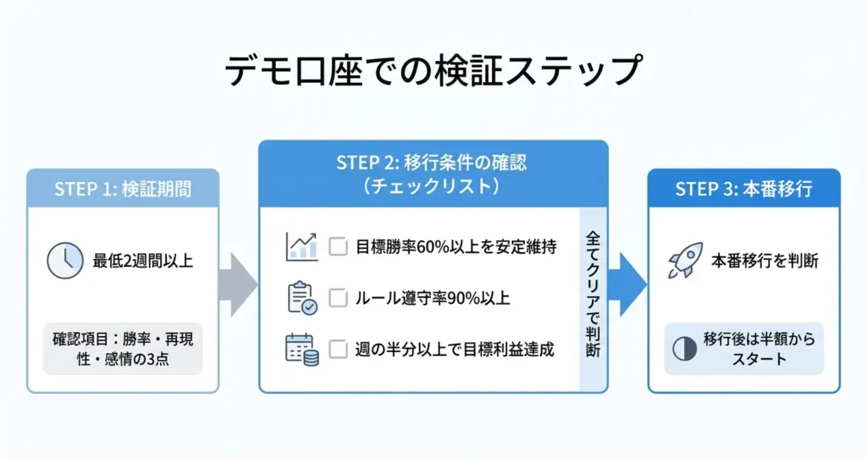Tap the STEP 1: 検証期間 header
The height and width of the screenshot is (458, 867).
[123, 189]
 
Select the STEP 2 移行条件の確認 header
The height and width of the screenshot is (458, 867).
[433, 174]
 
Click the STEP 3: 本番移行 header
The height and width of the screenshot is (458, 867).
[743, 189]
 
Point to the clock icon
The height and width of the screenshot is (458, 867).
[65, 261]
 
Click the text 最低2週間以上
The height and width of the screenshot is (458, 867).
[143, 261]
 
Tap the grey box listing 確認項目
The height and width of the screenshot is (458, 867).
[123, 348]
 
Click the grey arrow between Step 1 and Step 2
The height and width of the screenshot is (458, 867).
[238, 281]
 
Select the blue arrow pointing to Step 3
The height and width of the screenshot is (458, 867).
[627, 281]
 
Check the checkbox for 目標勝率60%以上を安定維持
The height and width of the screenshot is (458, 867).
[338, 247]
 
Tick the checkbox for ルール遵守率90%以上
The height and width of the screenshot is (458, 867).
[338, 298]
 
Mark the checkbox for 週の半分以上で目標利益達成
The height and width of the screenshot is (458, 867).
[338, 349]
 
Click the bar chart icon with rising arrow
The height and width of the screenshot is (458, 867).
[301, 246]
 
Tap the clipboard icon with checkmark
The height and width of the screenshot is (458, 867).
[301, 298]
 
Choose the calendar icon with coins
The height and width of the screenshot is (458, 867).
[301, 349]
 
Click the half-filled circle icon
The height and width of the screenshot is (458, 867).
[684, 348]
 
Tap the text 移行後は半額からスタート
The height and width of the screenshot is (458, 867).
[756, 348]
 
